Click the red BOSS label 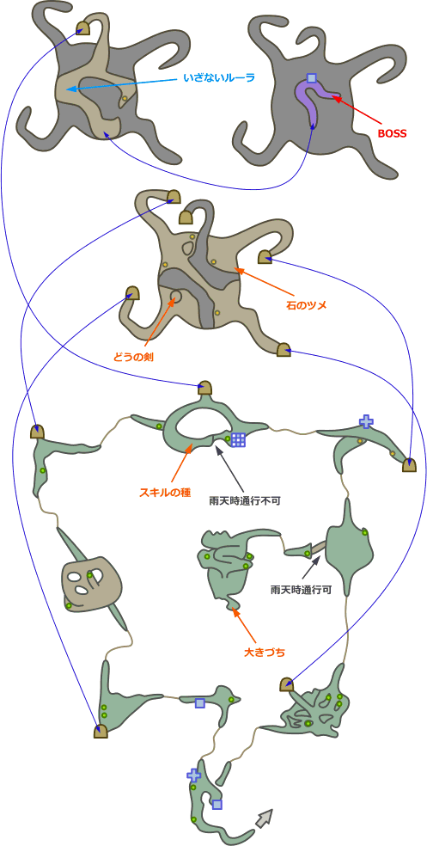392,132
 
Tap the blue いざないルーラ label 218,78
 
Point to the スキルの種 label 166,493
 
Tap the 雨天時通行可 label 301,590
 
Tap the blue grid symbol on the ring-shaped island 238,439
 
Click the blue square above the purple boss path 311,78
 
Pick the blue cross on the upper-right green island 366,421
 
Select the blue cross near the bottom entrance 193,775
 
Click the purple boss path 312,102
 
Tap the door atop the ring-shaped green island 204,388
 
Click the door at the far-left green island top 37,432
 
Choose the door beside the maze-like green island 286,684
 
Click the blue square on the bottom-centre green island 199,703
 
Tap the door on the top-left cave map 82,28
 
